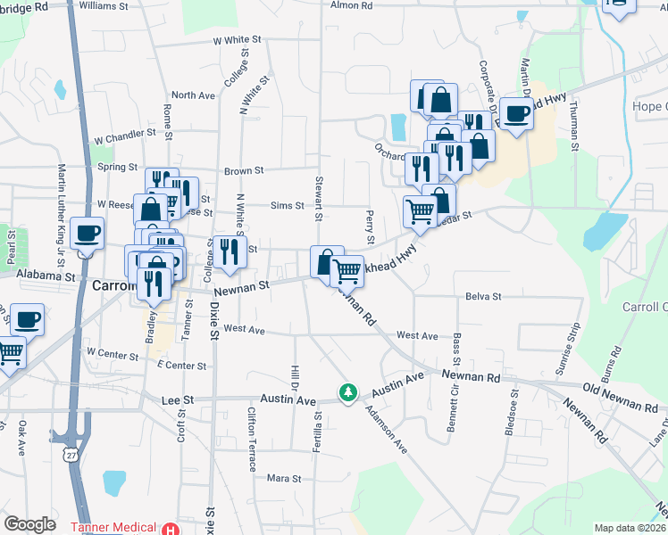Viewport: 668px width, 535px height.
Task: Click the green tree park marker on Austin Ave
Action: tap(348, 392)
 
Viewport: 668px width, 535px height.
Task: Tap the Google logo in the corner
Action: tap(30, 524)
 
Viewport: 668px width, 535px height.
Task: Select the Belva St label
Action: tap(483, 296)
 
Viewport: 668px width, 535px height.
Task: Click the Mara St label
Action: tap(284, 479)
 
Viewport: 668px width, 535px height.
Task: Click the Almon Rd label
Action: tap(351, 5)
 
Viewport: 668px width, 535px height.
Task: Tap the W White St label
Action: tap(237, 41)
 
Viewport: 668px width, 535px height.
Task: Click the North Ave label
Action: tap(194, 95)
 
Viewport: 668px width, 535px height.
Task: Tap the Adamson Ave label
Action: tap(386, 430)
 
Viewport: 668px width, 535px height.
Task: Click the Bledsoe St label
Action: tap(514, 411)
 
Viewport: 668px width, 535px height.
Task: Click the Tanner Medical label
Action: tap(110, 527)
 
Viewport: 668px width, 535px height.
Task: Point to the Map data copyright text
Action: tap(630, 528)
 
